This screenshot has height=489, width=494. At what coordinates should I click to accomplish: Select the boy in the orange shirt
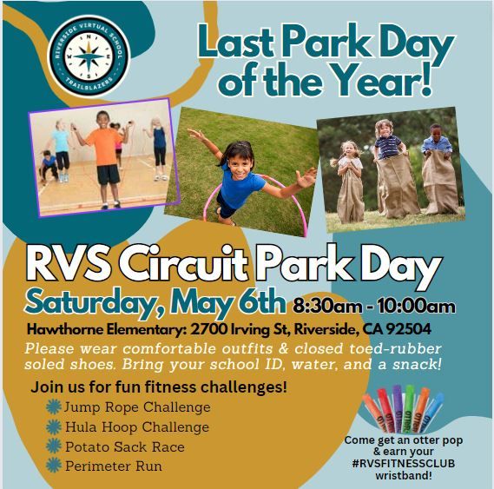click(106, 148)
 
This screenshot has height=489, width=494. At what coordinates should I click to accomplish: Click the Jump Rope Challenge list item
click(137, 406)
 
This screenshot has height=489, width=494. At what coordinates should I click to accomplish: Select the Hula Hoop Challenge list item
click(136, 426)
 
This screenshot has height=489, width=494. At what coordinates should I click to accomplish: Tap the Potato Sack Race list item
click(124, 446)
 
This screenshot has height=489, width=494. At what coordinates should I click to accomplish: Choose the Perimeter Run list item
click(113, 466)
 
